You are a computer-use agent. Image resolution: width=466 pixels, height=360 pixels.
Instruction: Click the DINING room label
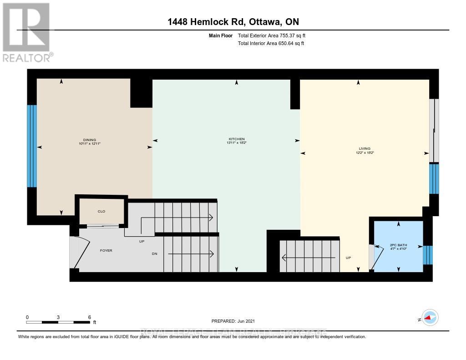pyautogui.click(x=90, y=140)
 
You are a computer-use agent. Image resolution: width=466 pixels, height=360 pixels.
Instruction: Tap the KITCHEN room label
pyautogui.click(x=237, y=139)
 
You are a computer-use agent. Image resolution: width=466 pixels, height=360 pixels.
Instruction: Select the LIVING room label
pyautogui.click(x=365, y=148)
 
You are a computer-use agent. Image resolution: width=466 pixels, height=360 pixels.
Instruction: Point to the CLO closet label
pyautogui.click(x=101, y=211)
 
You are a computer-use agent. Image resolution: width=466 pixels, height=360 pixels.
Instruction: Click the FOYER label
pyautogui.click(x=106, y=250)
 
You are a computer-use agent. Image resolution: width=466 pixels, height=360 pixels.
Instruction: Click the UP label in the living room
pyautogui.click(x=349, y=258)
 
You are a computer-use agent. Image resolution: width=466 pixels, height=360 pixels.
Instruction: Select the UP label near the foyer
pyautogui.click(x=142, y=241)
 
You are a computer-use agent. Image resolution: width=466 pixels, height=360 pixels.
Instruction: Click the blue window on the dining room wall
pyautogui.click(x=31, y=146)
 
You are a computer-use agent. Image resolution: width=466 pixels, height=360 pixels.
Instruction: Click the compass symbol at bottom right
pyautogui.click(x=430, y=317)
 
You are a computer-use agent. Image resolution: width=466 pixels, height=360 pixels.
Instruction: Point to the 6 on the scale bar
pyautogui.click(x=90, y=317)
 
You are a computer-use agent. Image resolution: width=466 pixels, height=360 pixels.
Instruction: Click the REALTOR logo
pyautogui.click(x=27, y=32)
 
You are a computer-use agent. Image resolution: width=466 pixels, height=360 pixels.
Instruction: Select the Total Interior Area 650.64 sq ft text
pyautogui.click(x=271, y=43)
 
